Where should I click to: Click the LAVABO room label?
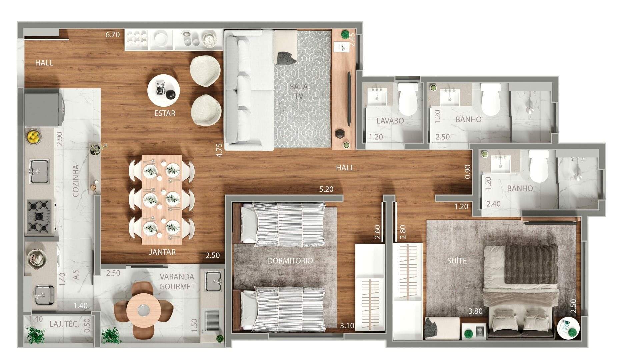click(390, 121)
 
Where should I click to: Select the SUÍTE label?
click(457, 261)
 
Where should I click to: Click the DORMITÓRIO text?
click(290, 260)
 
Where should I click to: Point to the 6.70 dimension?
click(112, 35)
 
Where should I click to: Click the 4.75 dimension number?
click(219, 150)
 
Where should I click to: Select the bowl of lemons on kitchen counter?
click(34, 136)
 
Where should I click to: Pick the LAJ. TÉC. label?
click(64, 324)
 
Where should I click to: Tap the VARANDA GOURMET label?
click(177, 281)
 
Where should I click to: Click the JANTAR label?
click(162, 252)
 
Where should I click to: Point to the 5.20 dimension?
click(326, 189)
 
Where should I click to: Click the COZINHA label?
click(76, 180)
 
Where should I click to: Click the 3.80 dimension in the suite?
click(475, 311)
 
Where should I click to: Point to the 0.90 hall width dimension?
click(468, 172)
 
